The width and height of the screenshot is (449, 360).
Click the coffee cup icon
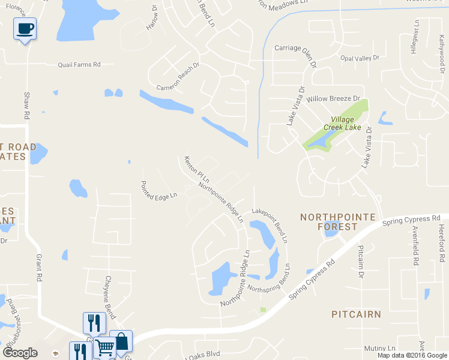pos(25,28)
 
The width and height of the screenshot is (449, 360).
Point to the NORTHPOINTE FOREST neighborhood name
pos(337,221)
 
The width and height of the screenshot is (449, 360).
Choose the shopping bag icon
pos(121,341)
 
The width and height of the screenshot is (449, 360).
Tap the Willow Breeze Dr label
pos(333,98)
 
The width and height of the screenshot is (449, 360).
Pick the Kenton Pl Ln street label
pos(196,169)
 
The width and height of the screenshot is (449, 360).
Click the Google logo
pos(20,353)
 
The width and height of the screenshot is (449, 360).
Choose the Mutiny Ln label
pos(379,348)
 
